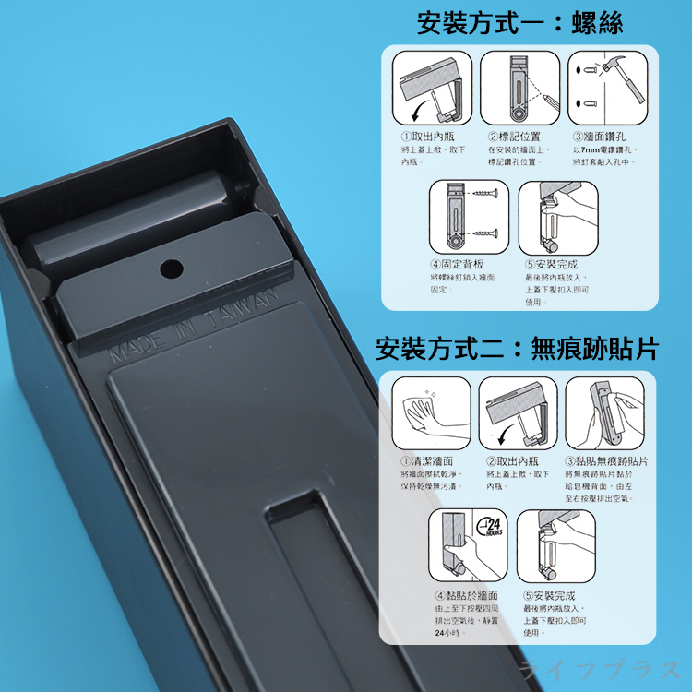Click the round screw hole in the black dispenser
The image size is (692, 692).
tap(170, 268)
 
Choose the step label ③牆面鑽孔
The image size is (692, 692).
tap(601, 137)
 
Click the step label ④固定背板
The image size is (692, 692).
tap(460, 265)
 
